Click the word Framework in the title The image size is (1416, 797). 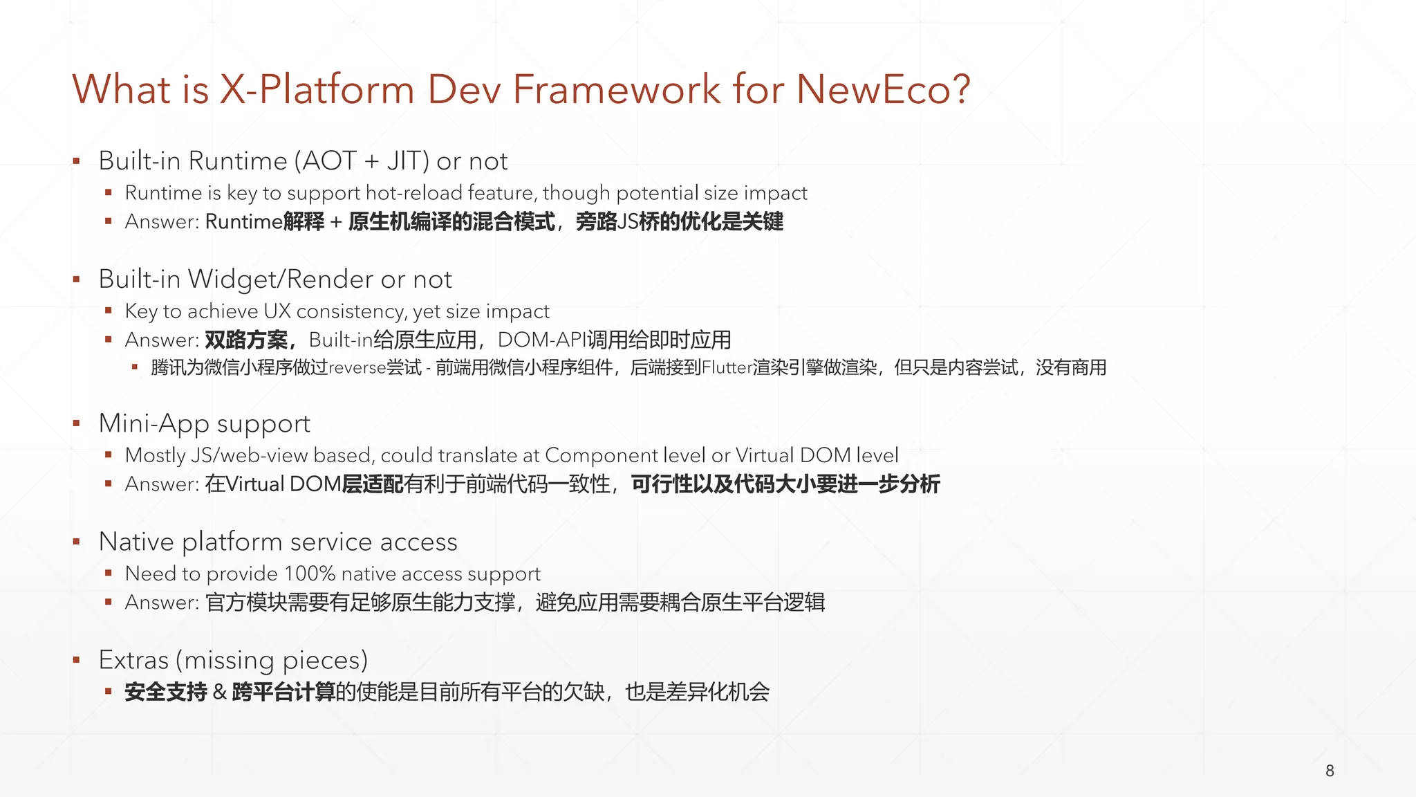(x=617, y=89)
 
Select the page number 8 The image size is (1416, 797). (x=1330, y=771)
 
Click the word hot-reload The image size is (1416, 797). (x=413, y=193)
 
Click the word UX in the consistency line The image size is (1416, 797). (x=277, y=311)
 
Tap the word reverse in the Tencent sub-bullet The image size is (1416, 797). (x=357, y=367)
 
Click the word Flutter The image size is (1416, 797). (x=727, y=367)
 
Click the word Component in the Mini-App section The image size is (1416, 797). (x=601, y=455)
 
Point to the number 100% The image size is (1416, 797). (x=310, y=574)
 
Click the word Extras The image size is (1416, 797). (x=133, y=660)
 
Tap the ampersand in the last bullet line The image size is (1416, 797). (x=220, y=692)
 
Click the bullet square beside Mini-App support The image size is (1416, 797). (x=77, y=423)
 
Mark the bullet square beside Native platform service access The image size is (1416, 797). (x=77, y=542)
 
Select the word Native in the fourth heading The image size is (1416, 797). (x=136, y=542)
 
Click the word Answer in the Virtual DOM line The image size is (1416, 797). (x=160, y=484)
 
